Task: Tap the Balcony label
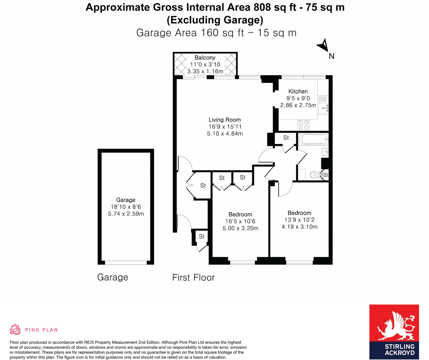205,58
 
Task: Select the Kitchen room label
298,91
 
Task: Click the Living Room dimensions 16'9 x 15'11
225,127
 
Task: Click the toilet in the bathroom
315,175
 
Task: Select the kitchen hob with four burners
304,125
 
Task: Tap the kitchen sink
323,108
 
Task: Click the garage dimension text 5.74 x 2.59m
126,214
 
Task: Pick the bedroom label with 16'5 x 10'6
240,215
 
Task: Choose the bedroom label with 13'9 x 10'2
299,213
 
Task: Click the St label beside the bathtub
286,138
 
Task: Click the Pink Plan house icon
15,329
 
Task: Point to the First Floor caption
193,277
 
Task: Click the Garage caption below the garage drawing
113,277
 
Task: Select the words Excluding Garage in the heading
215,20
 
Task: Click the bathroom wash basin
325,152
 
